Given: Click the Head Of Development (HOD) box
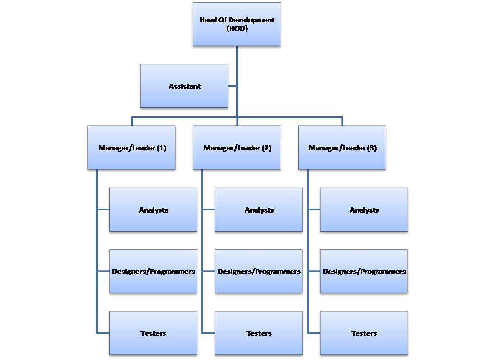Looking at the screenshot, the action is point(237,24).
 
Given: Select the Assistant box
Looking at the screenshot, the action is point(184,86).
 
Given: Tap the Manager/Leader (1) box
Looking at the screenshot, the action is point(131,148).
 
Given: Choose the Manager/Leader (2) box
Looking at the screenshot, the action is point(237,148).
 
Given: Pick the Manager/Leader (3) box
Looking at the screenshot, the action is point(342,148).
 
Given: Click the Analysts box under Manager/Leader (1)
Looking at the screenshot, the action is point(153,210).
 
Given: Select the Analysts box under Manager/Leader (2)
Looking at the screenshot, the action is point(259,210).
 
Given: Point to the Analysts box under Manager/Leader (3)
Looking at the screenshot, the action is point(364,210).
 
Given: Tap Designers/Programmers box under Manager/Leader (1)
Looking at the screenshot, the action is point(153,271).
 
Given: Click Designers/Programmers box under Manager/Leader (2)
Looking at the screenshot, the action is point(259,271).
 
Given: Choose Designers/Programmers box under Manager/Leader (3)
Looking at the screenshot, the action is point(364,271).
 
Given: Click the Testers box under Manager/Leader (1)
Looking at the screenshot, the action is point(153,333).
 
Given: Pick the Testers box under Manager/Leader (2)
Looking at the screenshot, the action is point(259,333).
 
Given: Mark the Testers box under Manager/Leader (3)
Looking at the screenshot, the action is point(364,333).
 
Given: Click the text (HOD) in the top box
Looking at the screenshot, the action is point(237,28).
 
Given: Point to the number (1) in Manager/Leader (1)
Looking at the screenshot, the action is point(162,148).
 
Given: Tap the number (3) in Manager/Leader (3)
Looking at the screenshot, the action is point(372,148).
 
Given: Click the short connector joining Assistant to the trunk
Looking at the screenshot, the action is point(232,86).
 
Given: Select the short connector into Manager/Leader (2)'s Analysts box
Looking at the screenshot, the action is point(209,210).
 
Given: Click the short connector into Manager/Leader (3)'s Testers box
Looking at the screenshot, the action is point(314,333).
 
